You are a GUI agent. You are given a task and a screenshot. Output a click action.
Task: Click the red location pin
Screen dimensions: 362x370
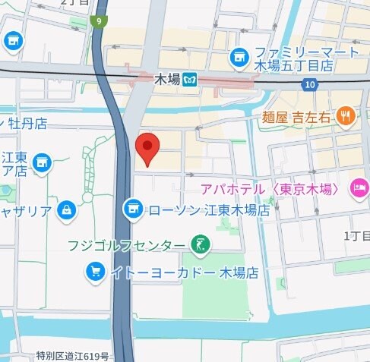point(147,146)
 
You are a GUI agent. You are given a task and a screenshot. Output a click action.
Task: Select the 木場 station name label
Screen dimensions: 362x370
point(166,79)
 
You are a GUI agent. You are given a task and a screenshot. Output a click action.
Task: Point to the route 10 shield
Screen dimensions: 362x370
point(308,85)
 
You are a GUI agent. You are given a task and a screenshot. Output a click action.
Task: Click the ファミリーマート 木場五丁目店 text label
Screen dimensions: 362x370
point(296,58)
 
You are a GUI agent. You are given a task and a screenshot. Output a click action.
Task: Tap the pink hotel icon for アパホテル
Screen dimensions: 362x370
point(358,187)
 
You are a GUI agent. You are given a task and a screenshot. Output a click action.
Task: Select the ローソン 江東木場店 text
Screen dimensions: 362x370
point(207,209)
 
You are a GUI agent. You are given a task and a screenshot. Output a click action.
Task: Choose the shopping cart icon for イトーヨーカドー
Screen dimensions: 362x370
point(96,271)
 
